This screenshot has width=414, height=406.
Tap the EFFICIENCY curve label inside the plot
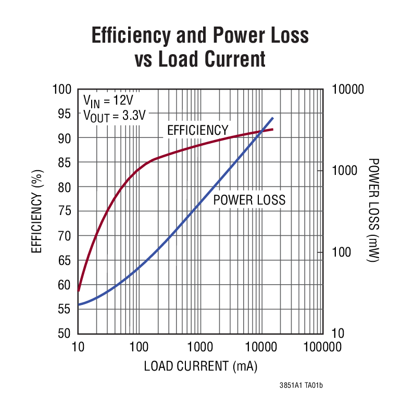[x=197, y=130]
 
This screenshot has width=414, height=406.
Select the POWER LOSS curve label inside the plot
[x=249, y=200]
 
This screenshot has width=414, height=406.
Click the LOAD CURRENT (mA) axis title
[x=201, y=366]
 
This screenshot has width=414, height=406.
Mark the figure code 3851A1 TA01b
[x=301, y=386]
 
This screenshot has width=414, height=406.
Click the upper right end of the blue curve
[x=272, y=118]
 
